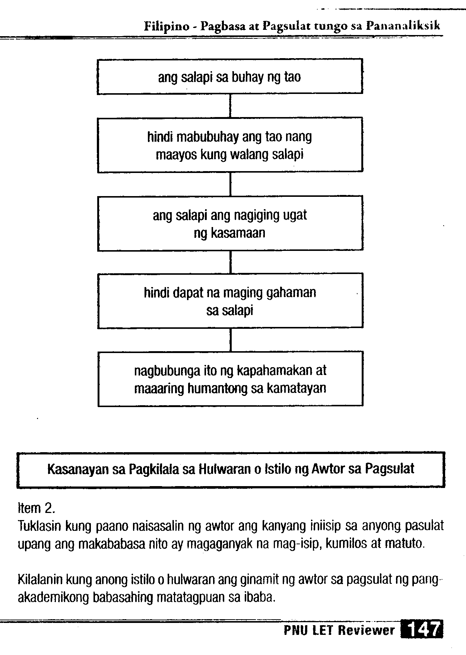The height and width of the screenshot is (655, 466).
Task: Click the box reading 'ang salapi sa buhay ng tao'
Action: [230, 76]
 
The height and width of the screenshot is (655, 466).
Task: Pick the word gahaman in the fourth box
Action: [292, 293]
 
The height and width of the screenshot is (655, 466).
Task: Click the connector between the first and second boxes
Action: [230, 106]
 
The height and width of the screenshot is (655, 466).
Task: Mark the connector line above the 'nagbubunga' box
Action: [231, 340]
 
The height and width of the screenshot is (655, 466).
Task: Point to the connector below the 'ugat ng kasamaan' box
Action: [231, 262]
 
